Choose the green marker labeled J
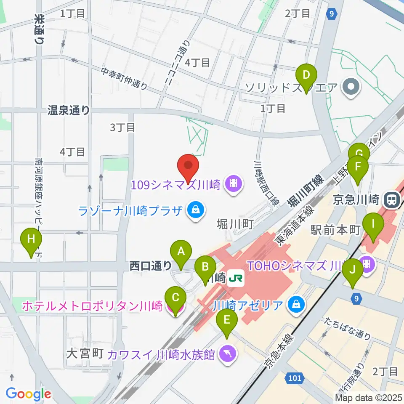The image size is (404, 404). (x=353, y=274)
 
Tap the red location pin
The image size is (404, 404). (x=188, y=167)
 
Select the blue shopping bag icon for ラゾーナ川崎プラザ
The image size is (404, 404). (x=195, y=209)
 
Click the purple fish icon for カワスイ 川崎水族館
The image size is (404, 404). (x=227, y=354)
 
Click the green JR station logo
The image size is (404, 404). (x=237, y=278)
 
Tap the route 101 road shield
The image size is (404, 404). (x=295, y=378)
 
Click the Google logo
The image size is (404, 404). (x=28, y=394)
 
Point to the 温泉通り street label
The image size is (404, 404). (x=69, y=111)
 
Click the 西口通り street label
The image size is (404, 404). (x=150, y=266)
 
